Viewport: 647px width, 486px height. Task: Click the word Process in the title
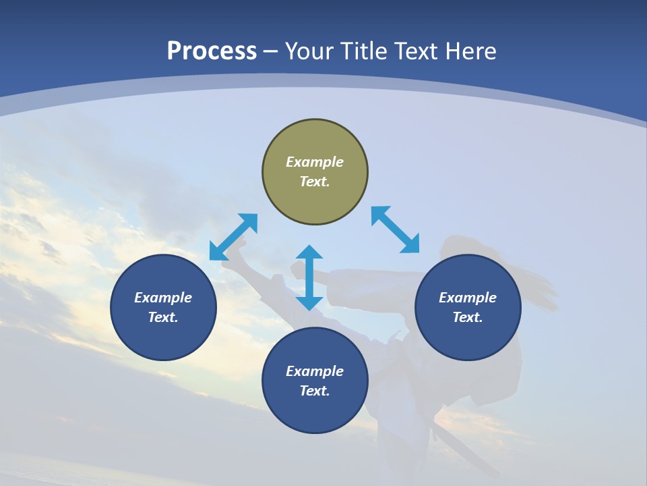(212, 51)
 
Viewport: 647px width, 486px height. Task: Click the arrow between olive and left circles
(233, 237)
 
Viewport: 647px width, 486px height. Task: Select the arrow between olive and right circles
(395, 230)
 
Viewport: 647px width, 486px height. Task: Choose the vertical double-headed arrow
(309, 277)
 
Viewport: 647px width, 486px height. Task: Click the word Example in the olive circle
(315, 162)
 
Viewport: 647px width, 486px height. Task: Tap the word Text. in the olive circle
(315, 182)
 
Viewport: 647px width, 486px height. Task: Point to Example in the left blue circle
(163, 298)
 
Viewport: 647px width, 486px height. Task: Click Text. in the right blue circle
(468, 317)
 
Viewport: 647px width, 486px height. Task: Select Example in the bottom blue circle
(315, 371)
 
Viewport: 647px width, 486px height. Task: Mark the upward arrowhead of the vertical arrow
(309, 252)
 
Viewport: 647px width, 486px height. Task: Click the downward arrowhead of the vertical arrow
(309, 303)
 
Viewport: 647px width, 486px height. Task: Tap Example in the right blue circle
(468, 298)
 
